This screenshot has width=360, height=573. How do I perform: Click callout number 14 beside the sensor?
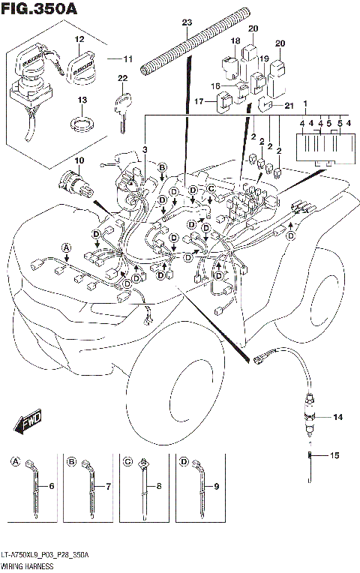(337, 416)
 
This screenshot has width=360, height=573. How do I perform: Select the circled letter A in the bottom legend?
(16, 461)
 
